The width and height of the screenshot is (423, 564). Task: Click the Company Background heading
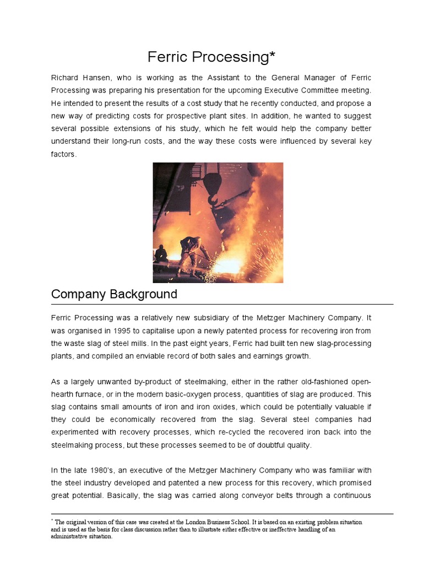(x=114, y=294)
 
